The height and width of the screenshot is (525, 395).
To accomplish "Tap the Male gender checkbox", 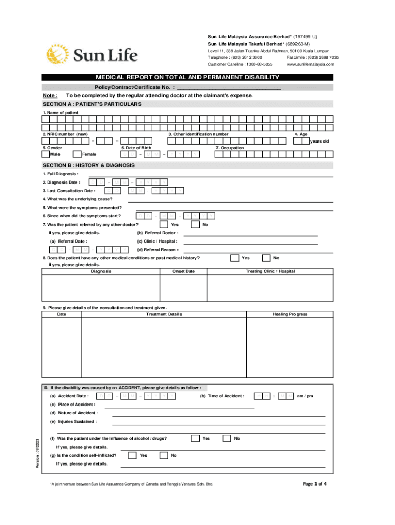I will [x=46, y=154].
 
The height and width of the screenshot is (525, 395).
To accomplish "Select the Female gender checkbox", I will [x=77, y=154].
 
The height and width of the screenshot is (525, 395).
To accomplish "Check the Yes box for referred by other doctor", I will [x=164, y=224].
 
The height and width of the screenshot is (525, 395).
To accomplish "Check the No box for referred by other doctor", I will [x=195, y=224].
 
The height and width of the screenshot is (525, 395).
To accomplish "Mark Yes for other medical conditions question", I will [x=234, y=258].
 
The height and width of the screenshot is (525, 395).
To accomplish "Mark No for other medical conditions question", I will [x=266, y=258].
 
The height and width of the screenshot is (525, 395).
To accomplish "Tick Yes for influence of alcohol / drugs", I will [x=195, y=438].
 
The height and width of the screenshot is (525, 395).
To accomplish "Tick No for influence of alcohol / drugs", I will [x=227, y=438].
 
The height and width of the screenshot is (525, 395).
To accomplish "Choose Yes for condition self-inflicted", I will [x=132, y=455].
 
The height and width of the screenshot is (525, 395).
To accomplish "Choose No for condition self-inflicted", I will [x=164, y=455].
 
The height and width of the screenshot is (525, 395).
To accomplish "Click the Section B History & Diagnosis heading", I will [x=89, y=165].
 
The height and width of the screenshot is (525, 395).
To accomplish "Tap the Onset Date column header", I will [x=184, y=271].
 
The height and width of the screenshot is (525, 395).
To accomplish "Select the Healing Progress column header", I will [x=290, y=314].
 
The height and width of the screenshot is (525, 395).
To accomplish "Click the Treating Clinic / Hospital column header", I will [x=270, y=271].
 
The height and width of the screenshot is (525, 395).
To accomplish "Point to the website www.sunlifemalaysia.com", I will [x=310, y=64].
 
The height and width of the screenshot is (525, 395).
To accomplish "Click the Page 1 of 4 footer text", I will [x=315, y=483].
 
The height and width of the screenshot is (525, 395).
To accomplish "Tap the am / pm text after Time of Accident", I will [x=306, y=396].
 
